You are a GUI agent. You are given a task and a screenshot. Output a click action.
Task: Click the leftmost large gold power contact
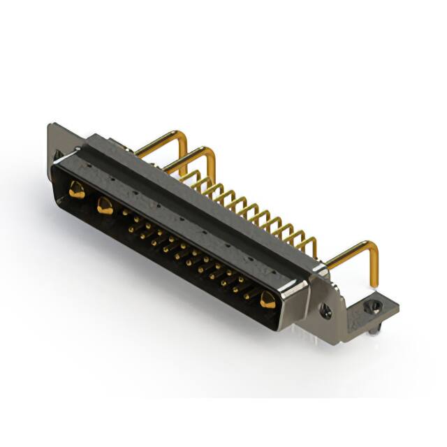76,189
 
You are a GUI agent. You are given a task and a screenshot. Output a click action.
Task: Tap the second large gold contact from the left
105,205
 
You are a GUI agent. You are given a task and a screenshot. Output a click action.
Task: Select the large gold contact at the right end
267,300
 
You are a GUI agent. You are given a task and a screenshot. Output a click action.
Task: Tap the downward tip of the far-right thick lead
374,283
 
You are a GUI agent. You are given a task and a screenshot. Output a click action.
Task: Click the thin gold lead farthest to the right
312,244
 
